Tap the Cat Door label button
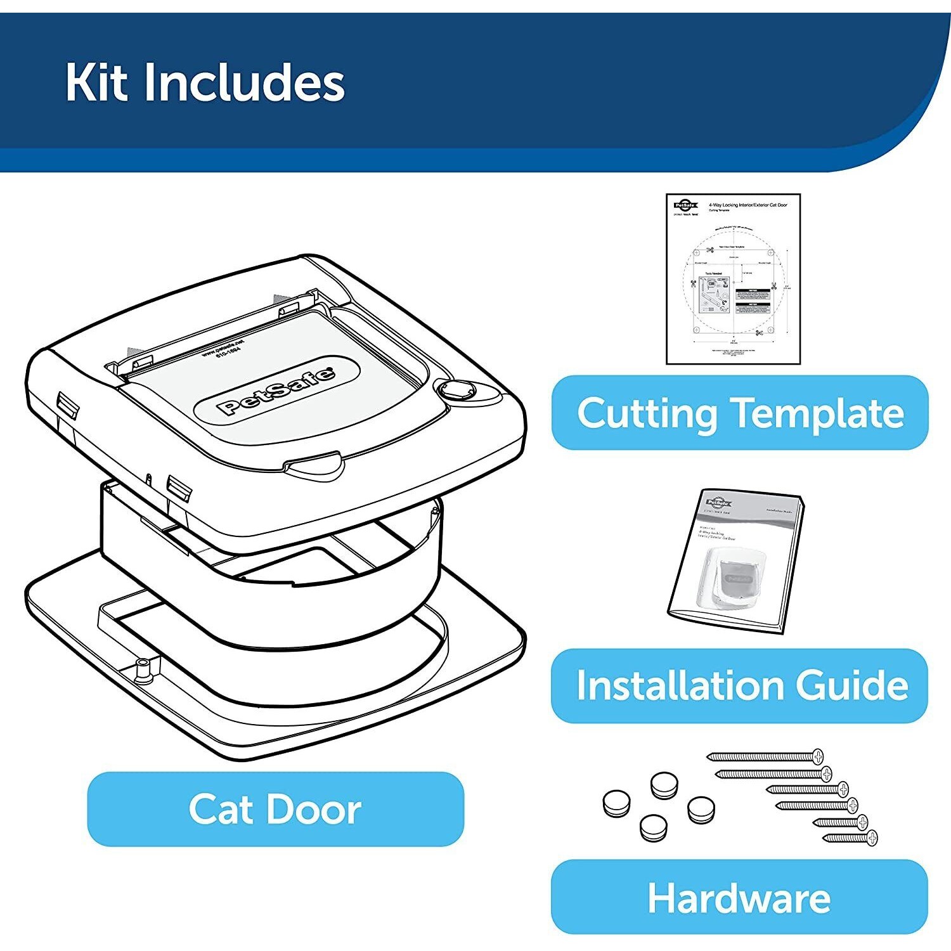click(275, 809)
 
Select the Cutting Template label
click(739, 413)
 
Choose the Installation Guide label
click(739, 685)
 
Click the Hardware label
click(739, 897)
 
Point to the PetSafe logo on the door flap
click(276, 391)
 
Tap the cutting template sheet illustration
click(733, 279)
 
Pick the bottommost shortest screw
click(850, 838)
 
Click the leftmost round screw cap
click(616, 803)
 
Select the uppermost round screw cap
click(664, 785)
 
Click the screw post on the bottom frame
click(145, 670)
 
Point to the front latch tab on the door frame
click(314, 468)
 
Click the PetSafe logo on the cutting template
click(685, 205)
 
